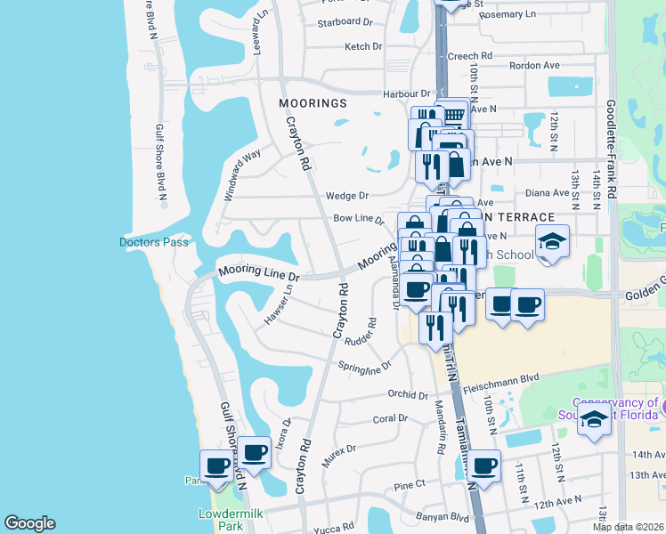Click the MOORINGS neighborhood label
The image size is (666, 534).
click(312, 103)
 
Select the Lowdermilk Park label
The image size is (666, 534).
click(220, 520)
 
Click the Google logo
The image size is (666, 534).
click(29, 523)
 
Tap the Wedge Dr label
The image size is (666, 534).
click(347, 196)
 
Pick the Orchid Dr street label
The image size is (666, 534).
click(409, 394)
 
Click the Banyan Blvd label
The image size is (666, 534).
click(442, 516)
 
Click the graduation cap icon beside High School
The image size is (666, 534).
click(552, 240)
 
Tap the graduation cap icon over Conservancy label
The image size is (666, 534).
click(594, 418)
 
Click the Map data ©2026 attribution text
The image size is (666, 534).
click(628, 527)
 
